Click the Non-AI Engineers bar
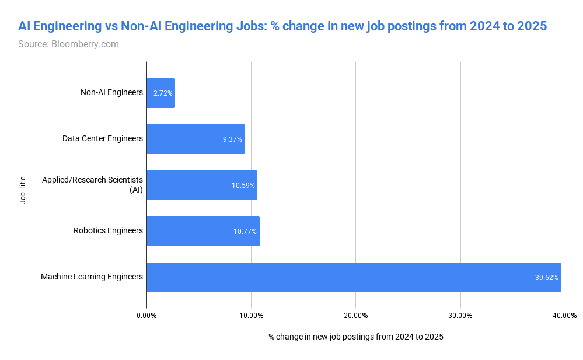click(160, 93)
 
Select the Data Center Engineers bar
click(196, 139)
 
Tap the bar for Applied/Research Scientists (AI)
click(201, 185)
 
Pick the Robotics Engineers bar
click(203, 231)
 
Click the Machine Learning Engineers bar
click(353, 277)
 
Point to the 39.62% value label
click(547, 277)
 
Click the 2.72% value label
click(163, 93)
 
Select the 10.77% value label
click(245, 231)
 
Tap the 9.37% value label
click(232, 139)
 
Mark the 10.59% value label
click(243, 185)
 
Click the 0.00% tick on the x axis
click(146, 316)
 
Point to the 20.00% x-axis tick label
click(355, 316)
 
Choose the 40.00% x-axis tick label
click(565, 316)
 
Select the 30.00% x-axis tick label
click(460, 316)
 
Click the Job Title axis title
click(23, 190)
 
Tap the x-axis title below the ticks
click(355, 337)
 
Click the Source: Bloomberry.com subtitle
click(68, 44)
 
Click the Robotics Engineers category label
click(108, 230)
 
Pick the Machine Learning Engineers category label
click(92, 277)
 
